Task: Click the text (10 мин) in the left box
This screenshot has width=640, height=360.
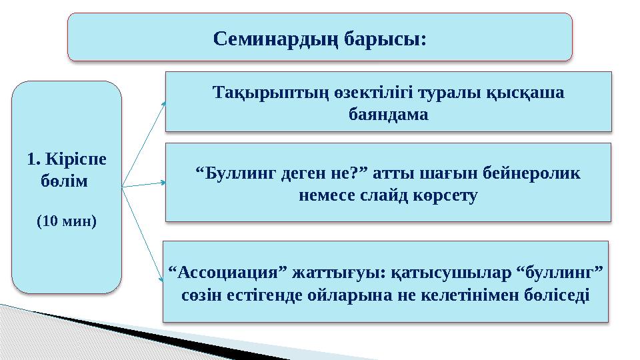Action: [66, 221]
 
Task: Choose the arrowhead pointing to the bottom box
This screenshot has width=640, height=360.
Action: [161, 283]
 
